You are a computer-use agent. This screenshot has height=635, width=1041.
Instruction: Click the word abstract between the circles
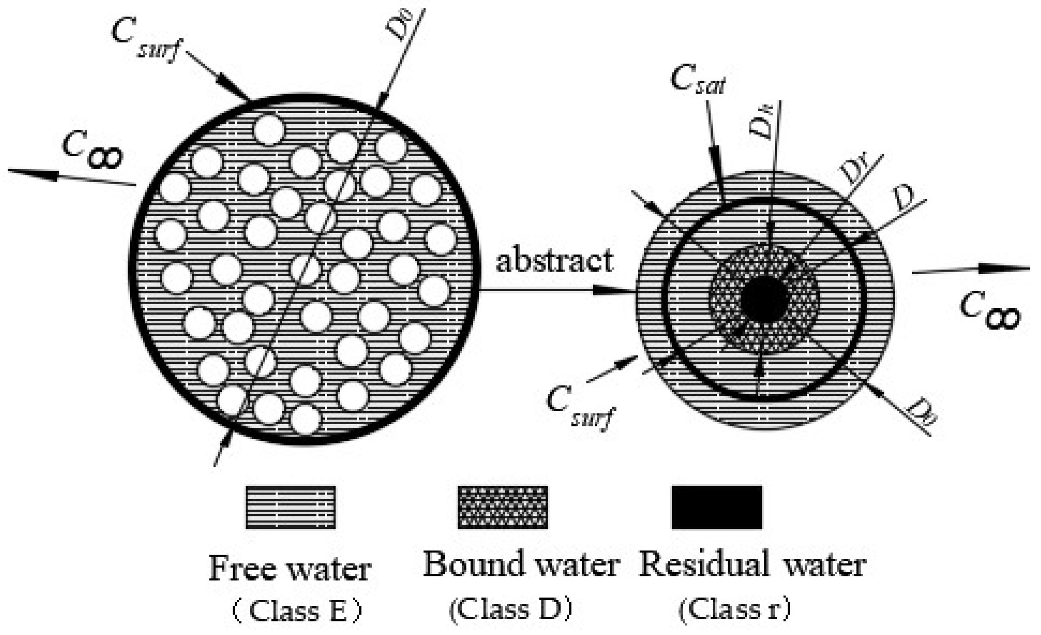click(554, 260)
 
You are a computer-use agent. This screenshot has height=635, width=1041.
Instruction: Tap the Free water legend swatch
click(291, 507)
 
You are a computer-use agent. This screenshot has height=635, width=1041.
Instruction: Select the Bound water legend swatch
click(502, 507)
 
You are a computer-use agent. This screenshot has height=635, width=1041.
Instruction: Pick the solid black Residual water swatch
click(717, 507)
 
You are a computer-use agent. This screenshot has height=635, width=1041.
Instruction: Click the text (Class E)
click(297, 611)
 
